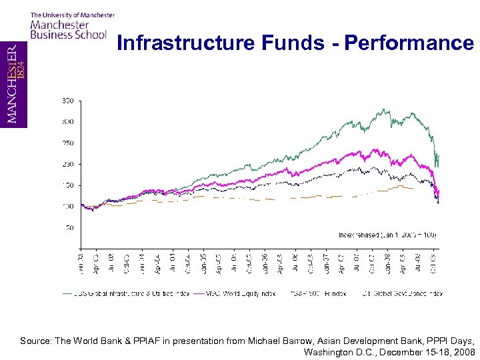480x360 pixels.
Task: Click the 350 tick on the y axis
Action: point(68,101)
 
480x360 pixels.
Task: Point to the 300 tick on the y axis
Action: point(68,122)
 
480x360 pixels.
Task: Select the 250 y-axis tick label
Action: point(68,143)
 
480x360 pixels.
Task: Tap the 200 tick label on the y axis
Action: point(68,164)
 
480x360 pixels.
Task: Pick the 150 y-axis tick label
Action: point(68,185)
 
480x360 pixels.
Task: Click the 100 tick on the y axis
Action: point(68,207)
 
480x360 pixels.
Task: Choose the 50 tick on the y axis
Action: point(69,228)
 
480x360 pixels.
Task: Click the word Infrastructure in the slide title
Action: point(184,43)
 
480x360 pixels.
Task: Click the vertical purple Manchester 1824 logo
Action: point(13,84)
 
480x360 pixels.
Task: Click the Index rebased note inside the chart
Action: point(387,235)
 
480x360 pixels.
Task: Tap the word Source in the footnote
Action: point(35,341)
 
